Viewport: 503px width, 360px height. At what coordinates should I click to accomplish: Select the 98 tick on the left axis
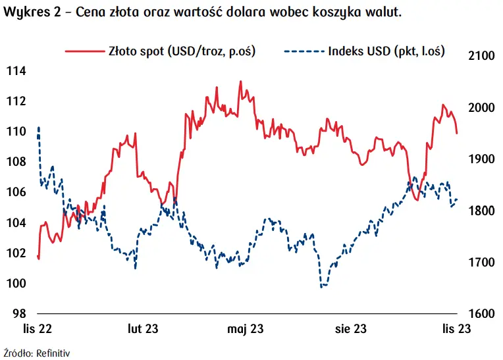point(17,314)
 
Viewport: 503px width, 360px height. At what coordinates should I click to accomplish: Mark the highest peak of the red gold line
point(240,82)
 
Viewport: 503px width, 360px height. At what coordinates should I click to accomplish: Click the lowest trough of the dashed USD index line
point(322,287)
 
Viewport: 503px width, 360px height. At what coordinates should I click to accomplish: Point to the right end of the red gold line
point(457,133)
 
